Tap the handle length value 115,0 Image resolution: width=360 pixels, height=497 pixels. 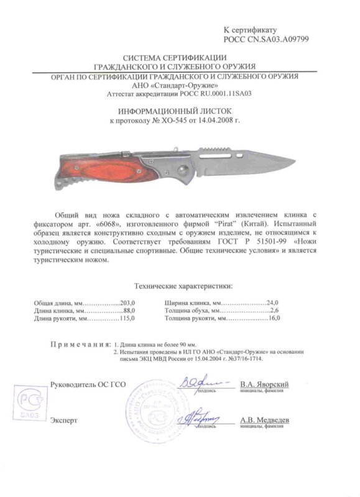[126, 318]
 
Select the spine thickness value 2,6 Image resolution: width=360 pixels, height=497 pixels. [275, 309]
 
